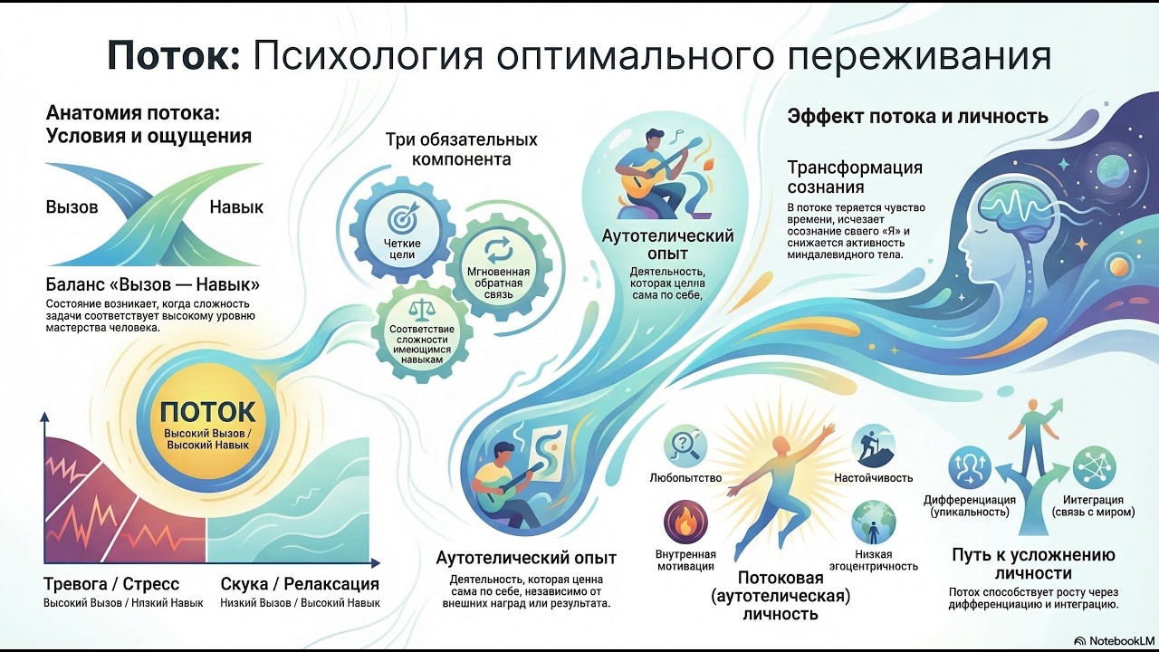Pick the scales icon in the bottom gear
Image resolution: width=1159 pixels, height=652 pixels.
[x=421, y=310]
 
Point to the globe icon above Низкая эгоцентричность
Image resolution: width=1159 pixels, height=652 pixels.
[x=873, y=523]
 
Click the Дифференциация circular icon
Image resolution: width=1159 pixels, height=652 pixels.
[x=970, y=468]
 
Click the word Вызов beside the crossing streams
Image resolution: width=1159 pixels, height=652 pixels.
[x=72, y=206]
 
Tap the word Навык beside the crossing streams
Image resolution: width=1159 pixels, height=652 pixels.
[x=236, y=206]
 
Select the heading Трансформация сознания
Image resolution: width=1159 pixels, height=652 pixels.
[x=855, y=177]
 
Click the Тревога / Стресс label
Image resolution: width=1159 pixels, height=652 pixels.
[x=111, y=584]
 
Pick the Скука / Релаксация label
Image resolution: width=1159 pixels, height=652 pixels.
[x=300, y=584]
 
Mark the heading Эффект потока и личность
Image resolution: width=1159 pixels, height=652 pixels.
[x=917, y=117]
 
